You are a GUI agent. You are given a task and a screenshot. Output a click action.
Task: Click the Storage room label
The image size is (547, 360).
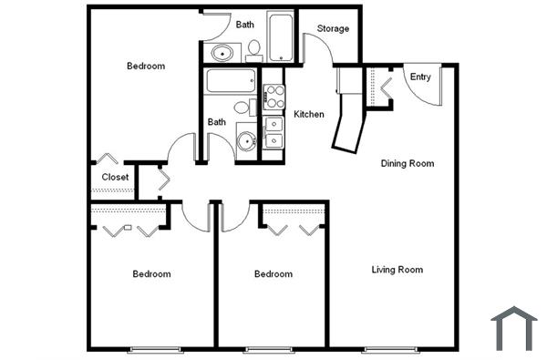click(x=333, y=29)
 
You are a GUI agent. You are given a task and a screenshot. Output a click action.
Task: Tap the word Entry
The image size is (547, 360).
click(x=420, y=77)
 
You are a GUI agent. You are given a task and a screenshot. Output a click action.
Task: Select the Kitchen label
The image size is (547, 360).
click(x=309, y=114)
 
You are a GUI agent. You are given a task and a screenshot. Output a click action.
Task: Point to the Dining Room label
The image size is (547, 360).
click(x=407, y=164)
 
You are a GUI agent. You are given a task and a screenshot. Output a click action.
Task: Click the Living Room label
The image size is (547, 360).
click(x=397, y=270)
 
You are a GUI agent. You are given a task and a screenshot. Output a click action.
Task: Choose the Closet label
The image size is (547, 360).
click(x=115, y=177)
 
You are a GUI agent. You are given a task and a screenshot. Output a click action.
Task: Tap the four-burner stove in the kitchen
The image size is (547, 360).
click(x=273, y=96)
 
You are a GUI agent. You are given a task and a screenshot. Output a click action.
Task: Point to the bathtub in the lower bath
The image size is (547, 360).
click(x=231, y=82)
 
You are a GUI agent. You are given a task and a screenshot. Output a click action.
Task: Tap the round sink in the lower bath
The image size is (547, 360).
click(x=244, y=141)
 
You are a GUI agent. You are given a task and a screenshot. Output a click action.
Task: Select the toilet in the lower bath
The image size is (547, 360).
click(x=243, y=108)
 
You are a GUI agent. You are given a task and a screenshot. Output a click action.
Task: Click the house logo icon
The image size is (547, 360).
click(x=513, y=328)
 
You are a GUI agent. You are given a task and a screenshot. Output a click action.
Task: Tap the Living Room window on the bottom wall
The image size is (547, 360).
click(x=391, y=349)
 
